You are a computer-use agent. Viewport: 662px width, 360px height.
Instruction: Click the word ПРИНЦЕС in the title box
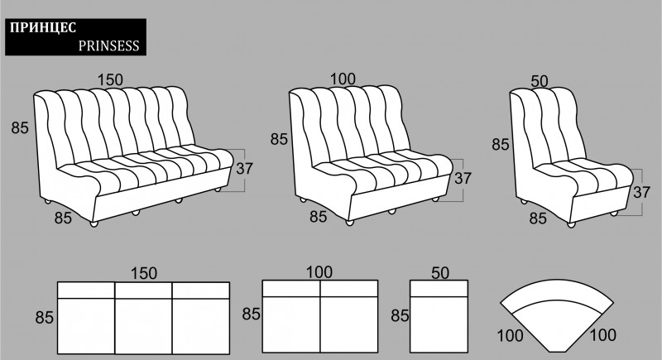43,28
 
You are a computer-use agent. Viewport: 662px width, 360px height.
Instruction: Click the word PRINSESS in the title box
108,46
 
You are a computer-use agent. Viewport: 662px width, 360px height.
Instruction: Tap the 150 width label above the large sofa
110,79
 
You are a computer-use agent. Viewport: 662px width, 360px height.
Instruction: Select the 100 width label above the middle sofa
343,79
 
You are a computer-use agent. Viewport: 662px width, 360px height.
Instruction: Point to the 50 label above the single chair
540,81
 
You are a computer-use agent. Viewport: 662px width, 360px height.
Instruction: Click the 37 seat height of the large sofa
244,168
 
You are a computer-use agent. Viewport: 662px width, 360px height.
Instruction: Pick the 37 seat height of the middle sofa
463,178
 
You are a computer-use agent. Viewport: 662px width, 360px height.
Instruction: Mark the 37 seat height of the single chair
641,192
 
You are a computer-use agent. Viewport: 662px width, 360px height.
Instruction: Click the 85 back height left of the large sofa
20,127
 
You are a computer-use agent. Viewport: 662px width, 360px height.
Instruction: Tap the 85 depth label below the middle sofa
319,217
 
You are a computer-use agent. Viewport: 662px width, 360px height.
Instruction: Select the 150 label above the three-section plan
144,273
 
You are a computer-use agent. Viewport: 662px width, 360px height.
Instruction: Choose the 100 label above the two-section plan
319,272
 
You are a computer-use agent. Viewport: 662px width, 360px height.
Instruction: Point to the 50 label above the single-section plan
440,273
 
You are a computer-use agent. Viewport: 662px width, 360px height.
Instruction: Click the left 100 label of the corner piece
510,336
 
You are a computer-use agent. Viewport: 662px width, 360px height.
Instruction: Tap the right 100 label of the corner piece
603,335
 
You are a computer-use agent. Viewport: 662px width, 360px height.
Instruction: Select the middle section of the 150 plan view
143,319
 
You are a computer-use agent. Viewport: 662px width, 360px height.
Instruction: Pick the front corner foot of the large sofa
94,223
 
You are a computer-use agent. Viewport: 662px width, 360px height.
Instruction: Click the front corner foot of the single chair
571,224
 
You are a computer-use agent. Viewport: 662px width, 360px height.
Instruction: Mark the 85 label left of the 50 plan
400,315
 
